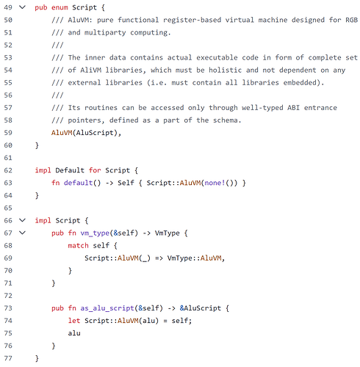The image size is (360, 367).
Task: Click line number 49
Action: pos(8,7)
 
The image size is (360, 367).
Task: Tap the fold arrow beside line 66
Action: pos(22,220)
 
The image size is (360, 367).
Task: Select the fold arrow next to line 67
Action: pos(22,233)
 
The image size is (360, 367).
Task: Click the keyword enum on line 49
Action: pos(60,7)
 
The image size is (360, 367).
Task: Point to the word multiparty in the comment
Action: pos(105,32)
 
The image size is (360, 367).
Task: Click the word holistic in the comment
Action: pos(225,70)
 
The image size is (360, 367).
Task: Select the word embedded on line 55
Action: pos(301,82)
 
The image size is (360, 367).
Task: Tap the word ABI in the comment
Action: pos(293,108)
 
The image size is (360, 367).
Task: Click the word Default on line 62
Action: pos(70,170)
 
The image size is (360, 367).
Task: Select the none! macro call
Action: pos(215,183)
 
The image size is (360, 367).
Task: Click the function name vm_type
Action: pos(95,233)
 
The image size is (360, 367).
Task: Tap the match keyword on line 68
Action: pos(78,245)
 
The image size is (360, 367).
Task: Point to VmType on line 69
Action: pos(179,258)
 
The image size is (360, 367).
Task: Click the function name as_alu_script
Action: pos(107,308)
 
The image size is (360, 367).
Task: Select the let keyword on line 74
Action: pos(74,321)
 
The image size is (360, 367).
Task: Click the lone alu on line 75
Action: pos(74,333)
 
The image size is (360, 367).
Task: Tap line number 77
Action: pos(8,358)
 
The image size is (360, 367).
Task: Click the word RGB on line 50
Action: pos(351,20)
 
